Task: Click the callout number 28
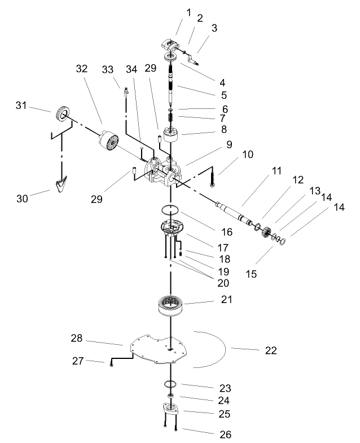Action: (x=77, y=339)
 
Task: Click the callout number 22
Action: (x=271, y=350)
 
